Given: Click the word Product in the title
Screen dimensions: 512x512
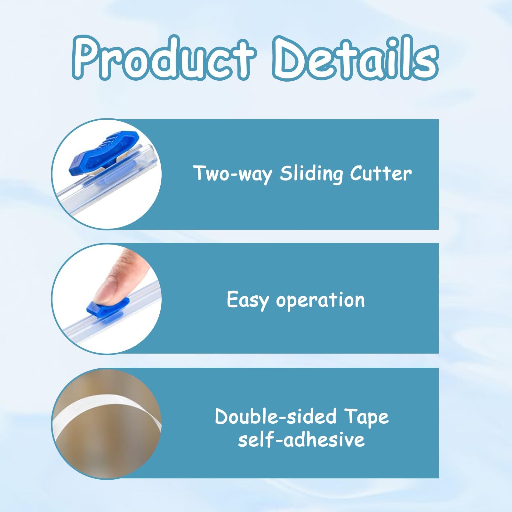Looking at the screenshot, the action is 164,58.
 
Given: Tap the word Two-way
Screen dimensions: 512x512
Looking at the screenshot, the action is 233,174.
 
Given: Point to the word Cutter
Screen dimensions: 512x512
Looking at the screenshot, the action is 381,174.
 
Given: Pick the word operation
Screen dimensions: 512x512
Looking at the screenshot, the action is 320,300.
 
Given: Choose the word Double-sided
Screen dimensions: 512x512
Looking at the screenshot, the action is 276,416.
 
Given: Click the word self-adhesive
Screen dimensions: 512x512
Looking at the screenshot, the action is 301,439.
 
